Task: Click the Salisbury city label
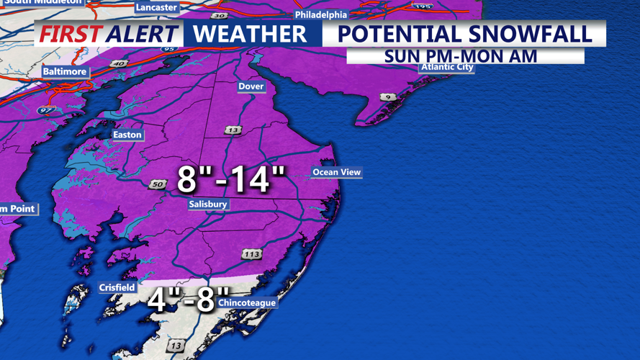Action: coord(208,204)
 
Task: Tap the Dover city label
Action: coord(251,86)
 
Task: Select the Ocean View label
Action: coord(336,173)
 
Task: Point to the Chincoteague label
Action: coord(247,303)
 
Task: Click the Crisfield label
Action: coord(117,288)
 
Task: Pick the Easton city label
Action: coord(127,135)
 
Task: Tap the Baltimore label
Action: coord(65,72)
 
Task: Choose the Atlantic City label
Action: coord(447,68)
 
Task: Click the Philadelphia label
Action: coord(321,15)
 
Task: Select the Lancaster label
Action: coord(156,8)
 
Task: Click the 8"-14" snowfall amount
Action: coord(231,179)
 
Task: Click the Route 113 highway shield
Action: coord(251,254)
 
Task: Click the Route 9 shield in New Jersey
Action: coord(389,97)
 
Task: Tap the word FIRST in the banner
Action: coord(69,34)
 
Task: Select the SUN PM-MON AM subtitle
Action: coord(461,56)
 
